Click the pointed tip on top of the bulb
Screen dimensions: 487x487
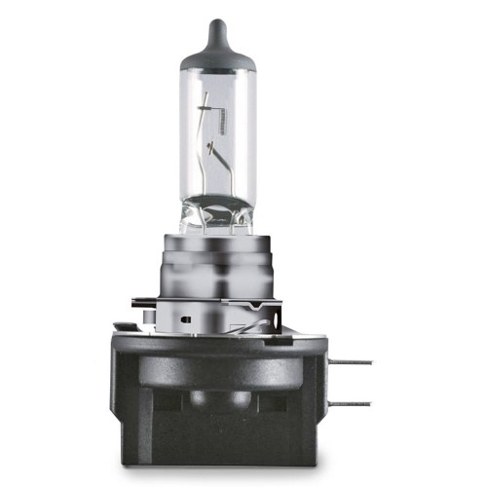pyautogui.click(x=217, y=21)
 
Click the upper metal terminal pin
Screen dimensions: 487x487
pyautogui.click(x=350, y=361)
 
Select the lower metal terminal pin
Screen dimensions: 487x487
pyautogui.click(x=350, y=402)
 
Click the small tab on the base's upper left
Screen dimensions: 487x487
pyautogui.click(x=123, y=327)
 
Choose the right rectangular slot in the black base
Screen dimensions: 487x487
pyautogui.click(x=273, y=400)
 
